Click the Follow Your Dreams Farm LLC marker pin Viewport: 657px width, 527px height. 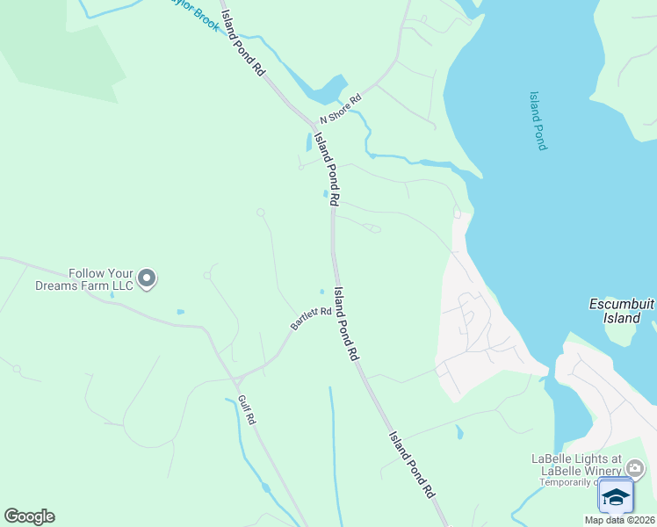pos(147,278)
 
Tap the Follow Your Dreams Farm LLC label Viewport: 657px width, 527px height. pos(83,279)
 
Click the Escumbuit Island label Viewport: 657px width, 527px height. pos(622,311)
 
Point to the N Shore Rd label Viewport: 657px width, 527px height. pos(341,110)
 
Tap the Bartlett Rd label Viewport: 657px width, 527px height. pos(310,319)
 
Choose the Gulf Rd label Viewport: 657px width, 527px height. pos(246,410)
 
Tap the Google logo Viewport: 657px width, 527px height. pos(29,516)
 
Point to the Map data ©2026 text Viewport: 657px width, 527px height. pos(620,520)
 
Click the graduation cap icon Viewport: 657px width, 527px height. pos(616,497)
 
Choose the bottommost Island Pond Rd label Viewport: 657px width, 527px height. pos(413,466)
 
